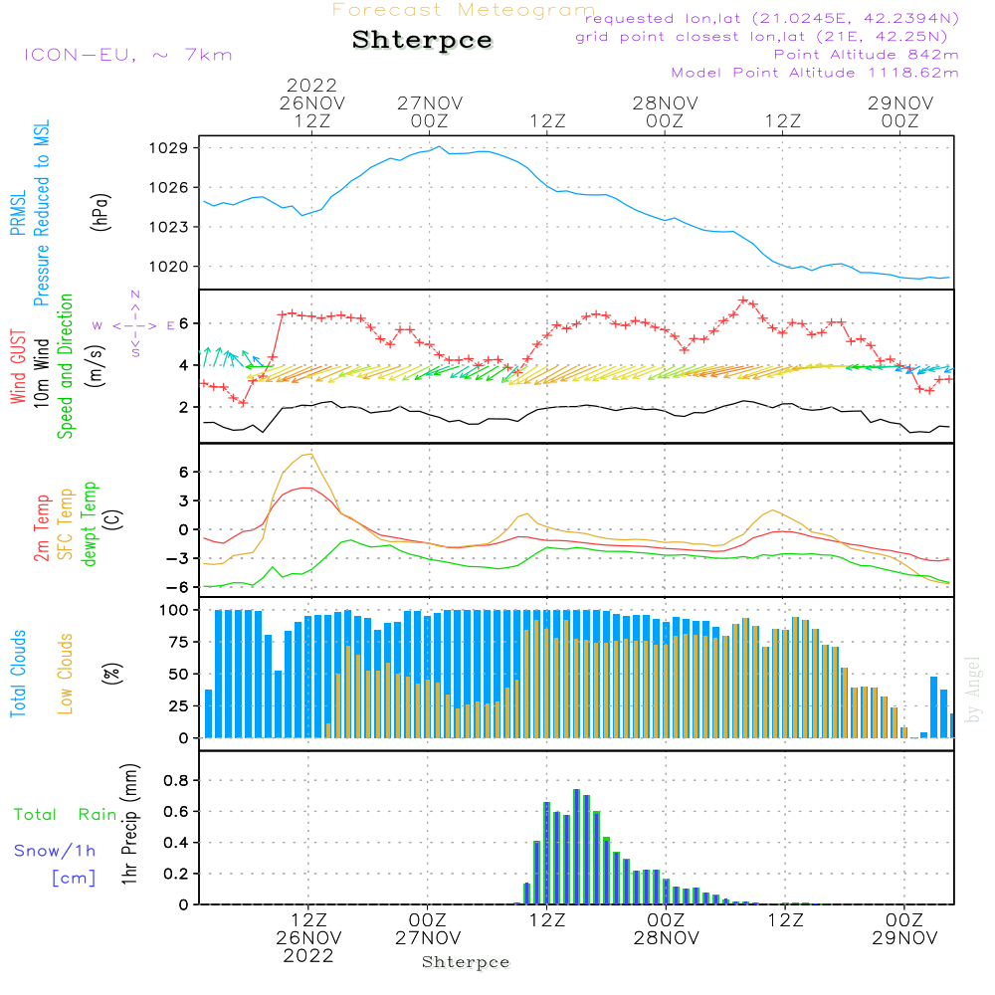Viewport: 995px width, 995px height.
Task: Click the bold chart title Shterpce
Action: click(422, 41)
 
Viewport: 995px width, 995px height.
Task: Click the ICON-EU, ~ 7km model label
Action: click(127, 55)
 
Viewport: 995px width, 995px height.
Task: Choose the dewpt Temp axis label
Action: click(91, 524)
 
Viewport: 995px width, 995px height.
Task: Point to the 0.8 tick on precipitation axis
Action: click(175, 781)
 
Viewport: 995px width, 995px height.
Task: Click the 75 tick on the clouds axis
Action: click(175, 642)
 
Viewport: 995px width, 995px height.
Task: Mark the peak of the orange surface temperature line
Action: click(313, 454)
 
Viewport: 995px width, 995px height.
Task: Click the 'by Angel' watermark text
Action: click(973, 690)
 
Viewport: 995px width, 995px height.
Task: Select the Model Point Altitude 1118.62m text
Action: click(815, 73)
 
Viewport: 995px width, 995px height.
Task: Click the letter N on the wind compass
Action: click(135, 295)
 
